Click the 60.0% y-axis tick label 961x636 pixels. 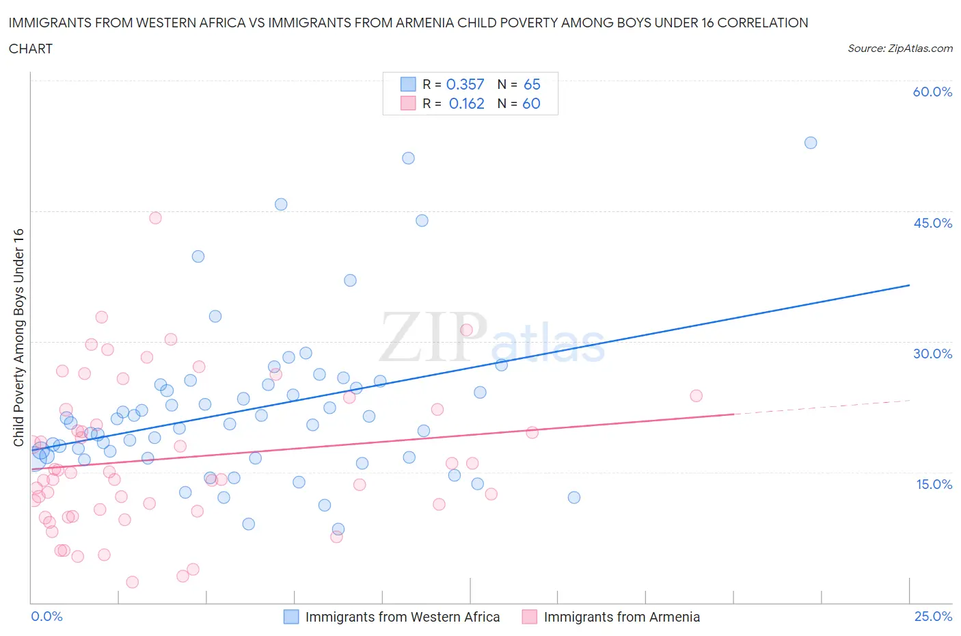tap(932, 92)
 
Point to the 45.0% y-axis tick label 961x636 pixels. tap(932, 224)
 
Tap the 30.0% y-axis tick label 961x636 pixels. tap(932, 354)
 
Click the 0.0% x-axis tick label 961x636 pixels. tap(46, 617)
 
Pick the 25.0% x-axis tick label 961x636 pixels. tap(933, 617)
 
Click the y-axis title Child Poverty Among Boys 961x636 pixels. tap(19, 337)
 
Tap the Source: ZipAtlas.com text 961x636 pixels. tap(899, 49)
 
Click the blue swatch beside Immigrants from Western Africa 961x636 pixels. tap(291, 617)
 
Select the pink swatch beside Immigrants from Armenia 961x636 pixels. tap(530, 617)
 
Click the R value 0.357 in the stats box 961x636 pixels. tap(465, 84)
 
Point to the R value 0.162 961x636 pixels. tap(466, 103)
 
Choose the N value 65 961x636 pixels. tap(532, 84)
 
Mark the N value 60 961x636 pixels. tap(531, 103)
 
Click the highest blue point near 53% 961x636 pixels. tap(811, 143)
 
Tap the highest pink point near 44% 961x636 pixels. tap(155, 218)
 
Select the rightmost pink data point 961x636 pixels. tap(696, 396)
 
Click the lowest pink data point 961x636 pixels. tap(133, 582)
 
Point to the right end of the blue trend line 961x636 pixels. tap(909, 284)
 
